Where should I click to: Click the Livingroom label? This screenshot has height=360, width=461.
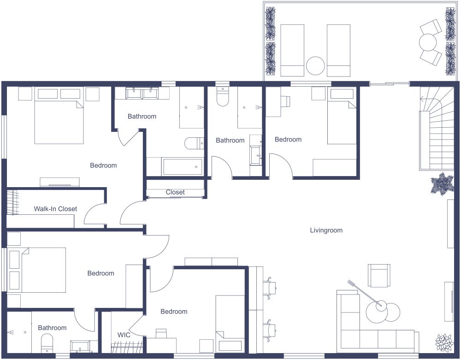[x=326, y=230]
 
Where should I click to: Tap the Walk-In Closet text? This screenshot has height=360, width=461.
[x=55, y=209]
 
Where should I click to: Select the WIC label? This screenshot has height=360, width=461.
[x=124, y=335]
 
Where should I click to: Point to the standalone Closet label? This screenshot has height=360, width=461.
[x=175, y=192]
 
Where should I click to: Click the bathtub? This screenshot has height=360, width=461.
[x=183, y=166]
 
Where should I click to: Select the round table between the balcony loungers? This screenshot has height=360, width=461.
[x=315, y=66]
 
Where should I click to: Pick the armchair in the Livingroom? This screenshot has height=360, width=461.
[x=379, y=275]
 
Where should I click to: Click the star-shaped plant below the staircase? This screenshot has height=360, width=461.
[x=442, y=184]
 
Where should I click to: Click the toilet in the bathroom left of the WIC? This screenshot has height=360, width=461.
[x=47, y=344]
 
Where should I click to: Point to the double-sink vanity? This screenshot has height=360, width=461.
[x=142, y=93]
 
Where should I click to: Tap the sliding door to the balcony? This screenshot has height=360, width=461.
[x=389, y=84]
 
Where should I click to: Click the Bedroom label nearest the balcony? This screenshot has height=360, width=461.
[x=288, y=140]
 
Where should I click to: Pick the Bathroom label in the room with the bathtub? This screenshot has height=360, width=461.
[x=142, y=116]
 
